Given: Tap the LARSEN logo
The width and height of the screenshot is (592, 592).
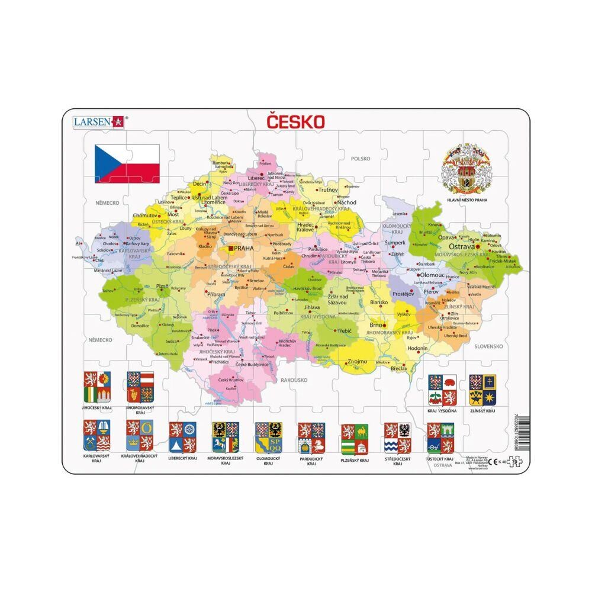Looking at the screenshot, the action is click(x=95, y=121).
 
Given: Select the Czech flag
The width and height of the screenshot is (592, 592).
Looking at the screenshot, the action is click(x=127, y=163).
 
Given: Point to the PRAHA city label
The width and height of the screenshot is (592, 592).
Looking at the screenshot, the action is click(x=244, y=249).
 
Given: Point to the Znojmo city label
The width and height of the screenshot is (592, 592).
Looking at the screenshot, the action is click(x=356, y=361).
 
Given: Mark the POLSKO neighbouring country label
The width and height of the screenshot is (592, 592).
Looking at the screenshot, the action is click(x=360, y=159).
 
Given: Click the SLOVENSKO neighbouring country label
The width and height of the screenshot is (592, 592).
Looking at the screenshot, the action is click(x=488, y=347).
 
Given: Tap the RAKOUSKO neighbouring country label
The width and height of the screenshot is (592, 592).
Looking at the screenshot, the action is click(x=294, y=379).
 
